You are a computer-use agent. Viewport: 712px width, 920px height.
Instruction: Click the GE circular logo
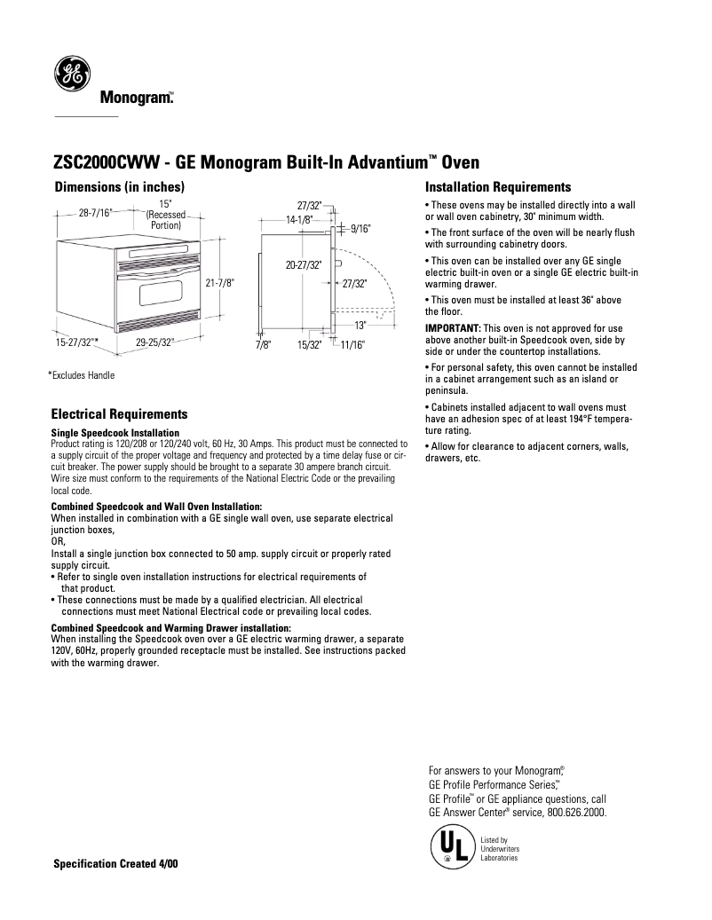[71, 75]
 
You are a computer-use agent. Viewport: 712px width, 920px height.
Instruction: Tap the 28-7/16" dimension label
[95, 213]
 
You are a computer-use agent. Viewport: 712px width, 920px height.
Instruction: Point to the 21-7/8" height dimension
[219, 283]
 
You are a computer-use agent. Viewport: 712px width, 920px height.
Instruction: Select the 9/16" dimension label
[360, 228]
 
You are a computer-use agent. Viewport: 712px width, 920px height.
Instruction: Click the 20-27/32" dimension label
[303, 264]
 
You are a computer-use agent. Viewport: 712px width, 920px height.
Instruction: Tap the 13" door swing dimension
[360, 325]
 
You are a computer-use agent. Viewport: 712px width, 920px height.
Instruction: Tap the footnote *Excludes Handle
[81, 375]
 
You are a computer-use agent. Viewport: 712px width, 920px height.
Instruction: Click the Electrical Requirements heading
[119, 414]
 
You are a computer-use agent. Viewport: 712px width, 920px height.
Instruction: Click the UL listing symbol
[452, 847]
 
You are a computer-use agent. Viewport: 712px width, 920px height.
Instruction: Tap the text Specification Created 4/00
[116, 863]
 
